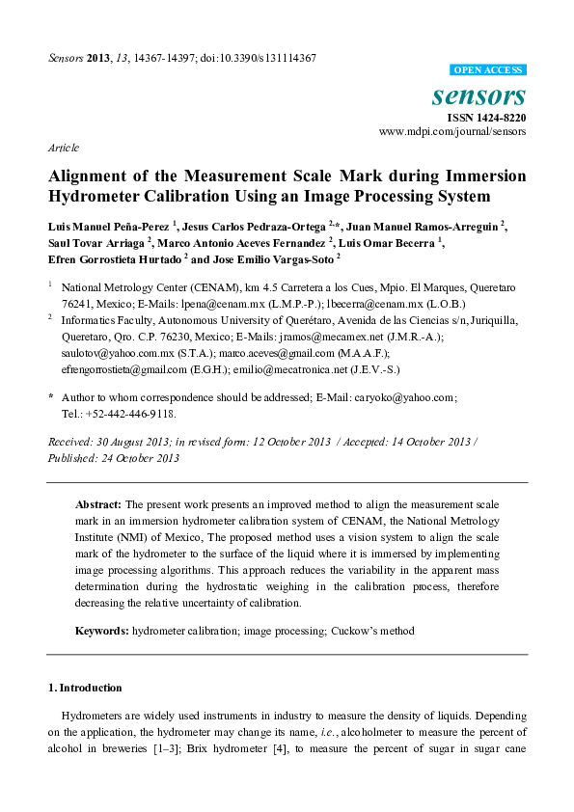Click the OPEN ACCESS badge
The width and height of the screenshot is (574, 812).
[x=489, y=70]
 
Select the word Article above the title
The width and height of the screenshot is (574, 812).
[x=63, y=148]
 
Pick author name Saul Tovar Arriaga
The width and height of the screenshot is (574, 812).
[x=96, y=242]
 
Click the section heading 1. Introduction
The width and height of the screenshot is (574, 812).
[x=85, y=688]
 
